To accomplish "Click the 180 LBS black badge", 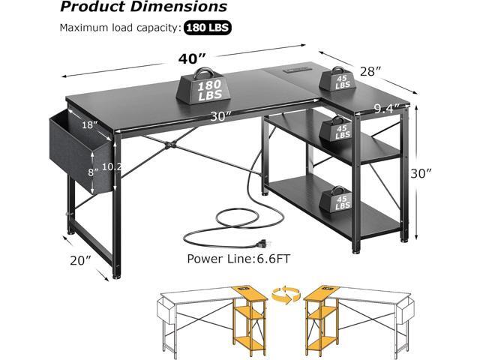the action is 208,28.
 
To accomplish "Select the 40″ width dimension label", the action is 191,58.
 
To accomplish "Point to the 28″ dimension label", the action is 370,72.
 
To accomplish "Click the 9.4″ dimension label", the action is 386,108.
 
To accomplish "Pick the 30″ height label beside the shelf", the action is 421,173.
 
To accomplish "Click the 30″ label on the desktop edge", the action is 220,116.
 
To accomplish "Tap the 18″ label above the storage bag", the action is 90,125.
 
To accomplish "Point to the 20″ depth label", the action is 80,260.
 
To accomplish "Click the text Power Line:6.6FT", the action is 238,259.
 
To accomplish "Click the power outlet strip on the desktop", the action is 296,70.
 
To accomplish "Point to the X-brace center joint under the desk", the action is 170,144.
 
